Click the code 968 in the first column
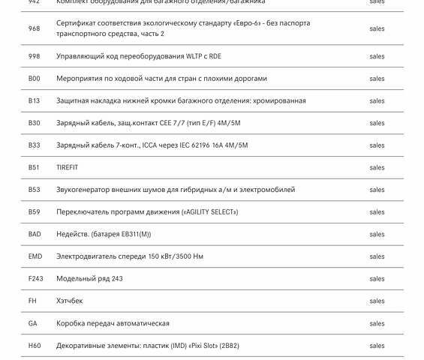tap(35, 28)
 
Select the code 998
tap(35, 56)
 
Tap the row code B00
tap(35, 79)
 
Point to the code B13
tap(35, 100)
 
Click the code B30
tap(35, 123)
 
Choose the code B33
tap(35, 145)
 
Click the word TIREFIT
tap(67, 167)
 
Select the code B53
tap(35, 190)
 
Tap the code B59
tap(35, 212)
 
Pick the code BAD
tap(35, 234)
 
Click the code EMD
tap(35, 256)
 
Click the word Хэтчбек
tap(70, 301)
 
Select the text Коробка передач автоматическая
tap(113, 323)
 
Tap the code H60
tap(35, 346)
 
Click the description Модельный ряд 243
tap(89, 279)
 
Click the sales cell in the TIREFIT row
tap(377, 167)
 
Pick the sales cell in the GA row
tap(377, 323)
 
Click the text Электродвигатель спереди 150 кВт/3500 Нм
tap(129, 256)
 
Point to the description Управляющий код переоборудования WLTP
tap(138, 56)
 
